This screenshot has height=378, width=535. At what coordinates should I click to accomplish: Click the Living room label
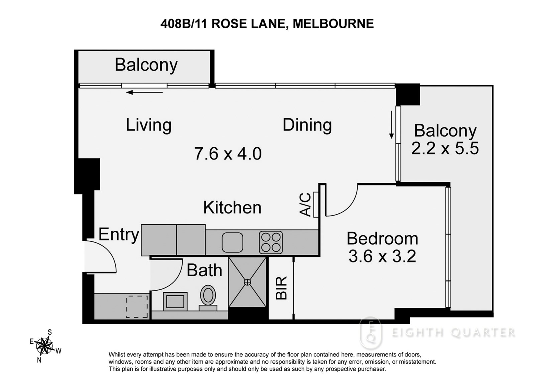[148, 125]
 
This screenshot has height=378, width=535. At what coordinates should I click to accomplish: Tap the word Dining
[307, 125]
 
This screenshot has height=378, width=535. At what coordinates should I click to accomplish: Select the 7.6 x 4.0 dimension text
[228, 153]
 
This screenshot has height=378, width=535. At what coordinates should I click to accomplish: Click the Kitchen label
[232, 207]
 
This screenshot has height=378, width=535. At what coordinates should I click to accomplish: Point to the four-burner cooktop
[271, 242]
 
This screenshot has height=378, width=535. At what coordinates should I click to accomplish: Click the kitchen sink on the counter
[232, 242]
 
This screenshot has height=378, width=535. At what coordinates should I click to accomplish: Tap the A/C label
[305, 205]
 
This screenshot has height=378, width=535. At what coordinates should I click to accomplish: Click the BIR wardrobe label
[281, 288]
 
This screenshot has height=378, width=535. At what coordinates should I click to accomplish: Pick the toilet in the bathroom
[208, 298]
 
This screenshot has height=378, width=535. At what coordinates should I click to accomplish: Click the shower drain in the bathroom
[248, 282]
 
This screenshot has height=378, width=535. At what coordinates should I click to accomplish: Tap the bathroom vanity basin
[175, 301]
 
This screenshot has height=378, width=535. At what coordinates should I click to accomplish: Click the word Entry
[119, 235]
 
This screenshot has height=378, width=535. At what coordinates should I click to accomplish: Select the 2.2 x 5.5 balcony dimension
[445, 148]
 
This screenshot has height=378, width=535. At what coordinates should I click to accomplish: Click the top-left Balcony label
[146, 65]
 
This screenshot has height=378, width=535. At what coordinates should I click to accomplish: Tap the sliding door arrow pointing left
[144, 92]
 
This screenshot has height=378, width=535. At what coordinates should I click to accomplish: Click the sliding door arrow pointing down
[391, 125]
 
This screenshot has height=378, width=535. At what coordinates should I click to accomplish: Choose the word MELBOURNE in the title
[333, 24]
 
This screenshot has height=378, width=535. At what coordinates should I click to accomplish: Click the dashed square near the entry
[137, 306]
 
